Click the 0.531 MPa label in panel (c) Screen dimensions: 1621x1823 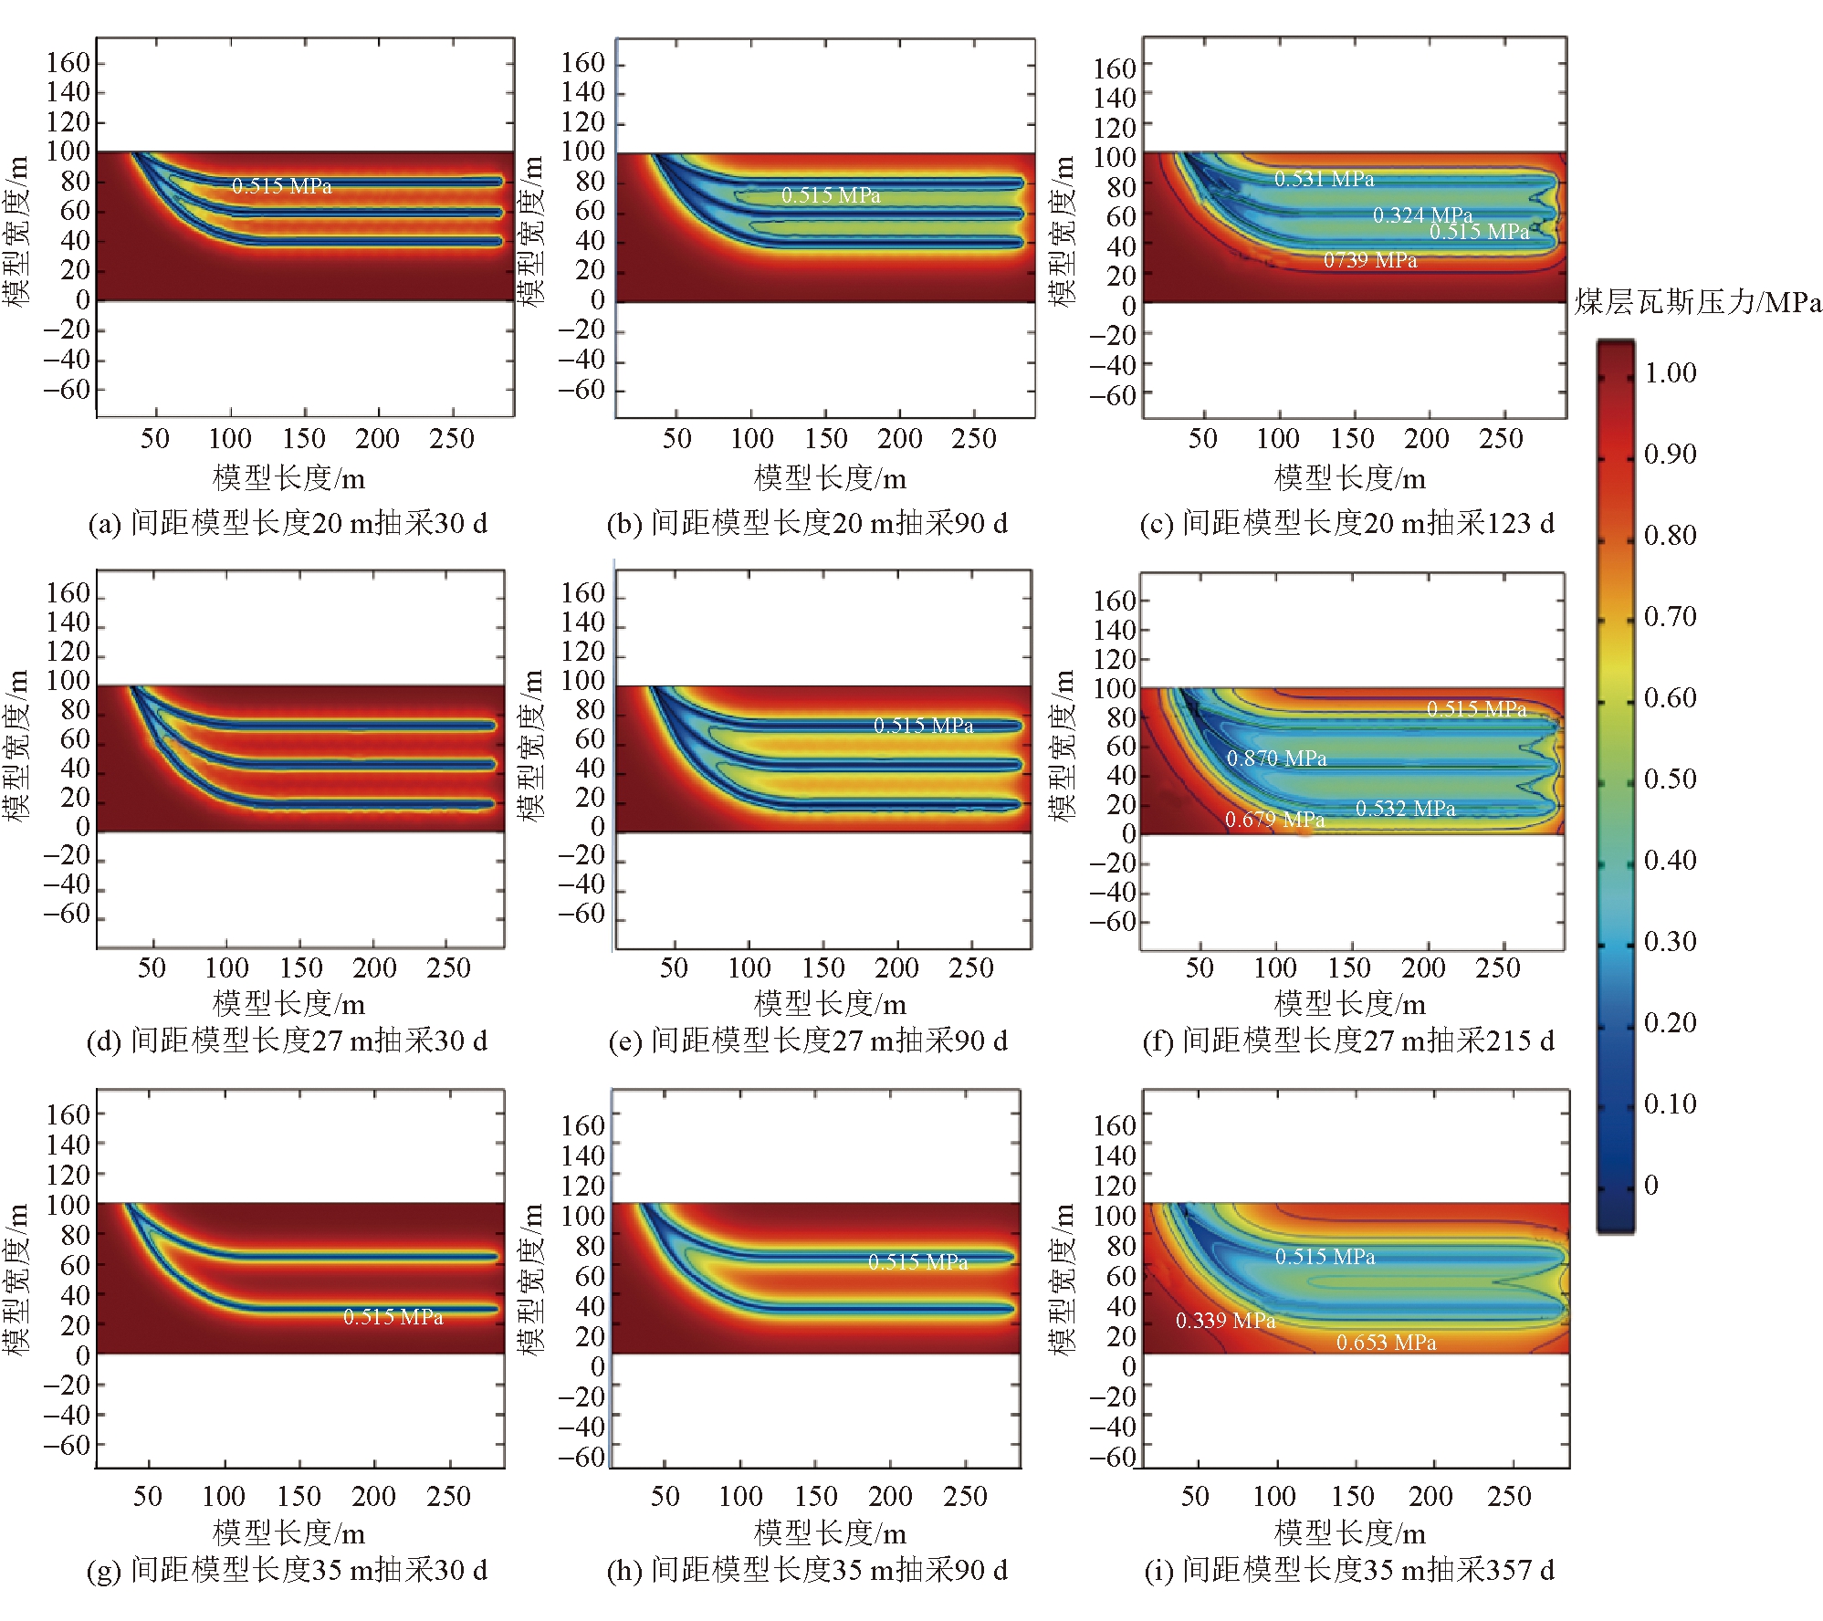(x=1324, y=179)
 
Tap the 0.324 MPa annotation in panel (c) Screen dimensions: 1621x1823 (x=1422, y=214)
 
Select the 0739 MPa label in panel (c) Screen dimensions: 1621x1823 (x=1370, y=260)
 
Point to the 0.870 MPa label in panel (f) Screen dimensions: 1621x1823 (x=1275, y=758)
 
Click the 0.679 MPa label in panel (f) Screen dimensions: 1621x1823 (x=1274, y=820)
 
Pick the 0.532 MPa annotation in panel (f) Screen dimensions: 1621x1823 (x=1405, y=809)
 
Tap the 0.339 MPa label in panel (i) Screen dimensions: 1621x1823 (x=1225, y=1321)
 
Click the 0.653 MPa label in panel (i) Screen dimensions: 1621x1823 (x=1386, y=1343)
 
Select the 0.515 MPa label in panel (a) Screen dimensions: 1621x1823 (x=281, y=186)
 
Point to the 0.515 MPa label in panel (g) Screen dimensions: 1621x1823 (x=393, y=1317)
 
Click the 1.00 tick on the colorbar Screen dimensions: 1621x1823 (x=1670, y=372)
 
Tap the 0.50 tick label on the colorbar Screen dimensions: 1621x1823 (x=1670, y=779)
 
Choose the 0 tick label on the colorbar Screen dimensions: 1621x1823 (x=1650, y=1185)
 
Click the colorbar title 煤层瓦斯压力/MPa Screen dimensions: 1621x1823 (x=1697, y=302)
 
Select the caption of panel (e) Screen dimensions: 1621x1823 (x=808, y=1041)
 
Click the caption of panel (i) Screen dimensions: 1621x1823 (x=1348, y=1570)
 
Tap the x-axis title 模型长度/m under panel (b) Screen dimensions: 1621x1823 (x=830, y=478)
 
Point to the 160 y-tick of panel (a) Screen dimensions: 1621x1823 (x=68, y=62)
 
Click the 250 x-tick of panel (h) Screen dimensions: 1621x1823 (x=965, y=1496)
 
